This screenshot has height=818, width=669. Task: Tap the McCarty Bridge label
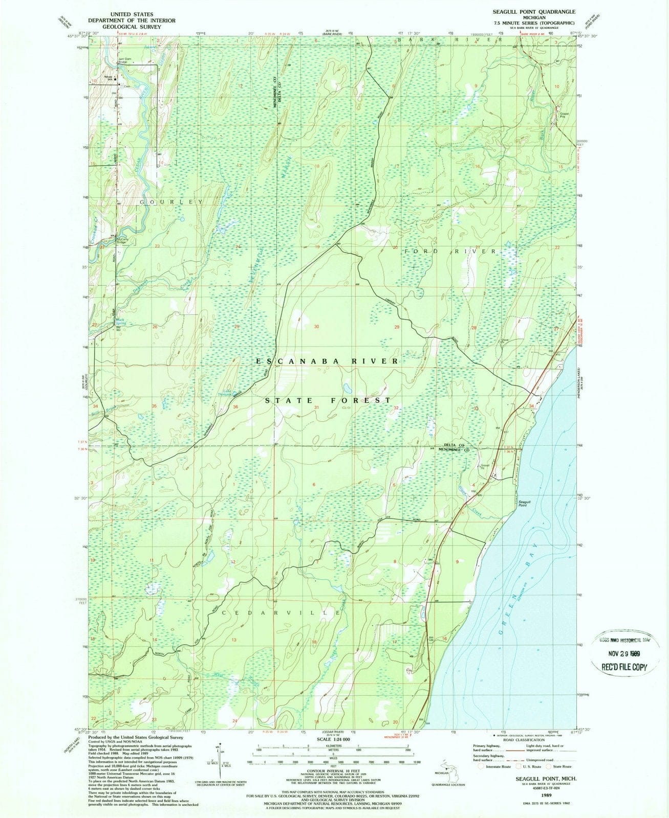click(121, 241)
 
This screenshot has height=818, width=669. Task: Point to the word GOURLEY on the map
click(170, 202)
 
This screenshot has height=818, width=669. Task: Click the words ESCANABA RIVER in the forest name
click(327, 361)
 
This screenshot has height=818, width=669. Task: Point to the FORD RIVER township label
click(450, 252)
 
